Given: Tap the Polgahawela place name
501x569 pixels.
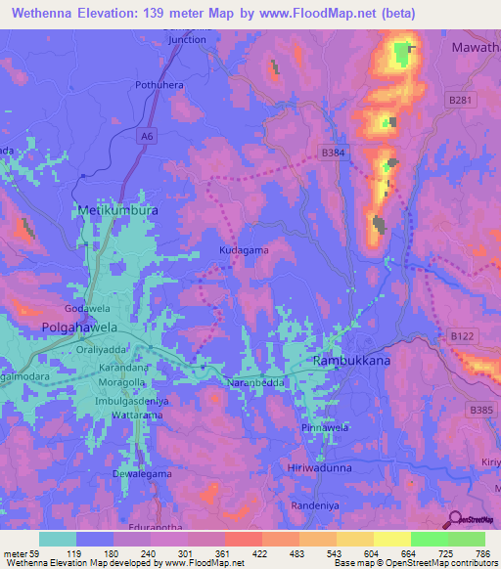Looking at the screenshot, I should click(x=79, y=327).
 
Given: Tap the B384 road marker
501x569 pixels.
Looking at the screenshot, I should click(x=334, y=153).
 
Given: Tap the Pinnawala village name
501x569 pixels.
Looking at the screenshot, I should click(x=325, y=428).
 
